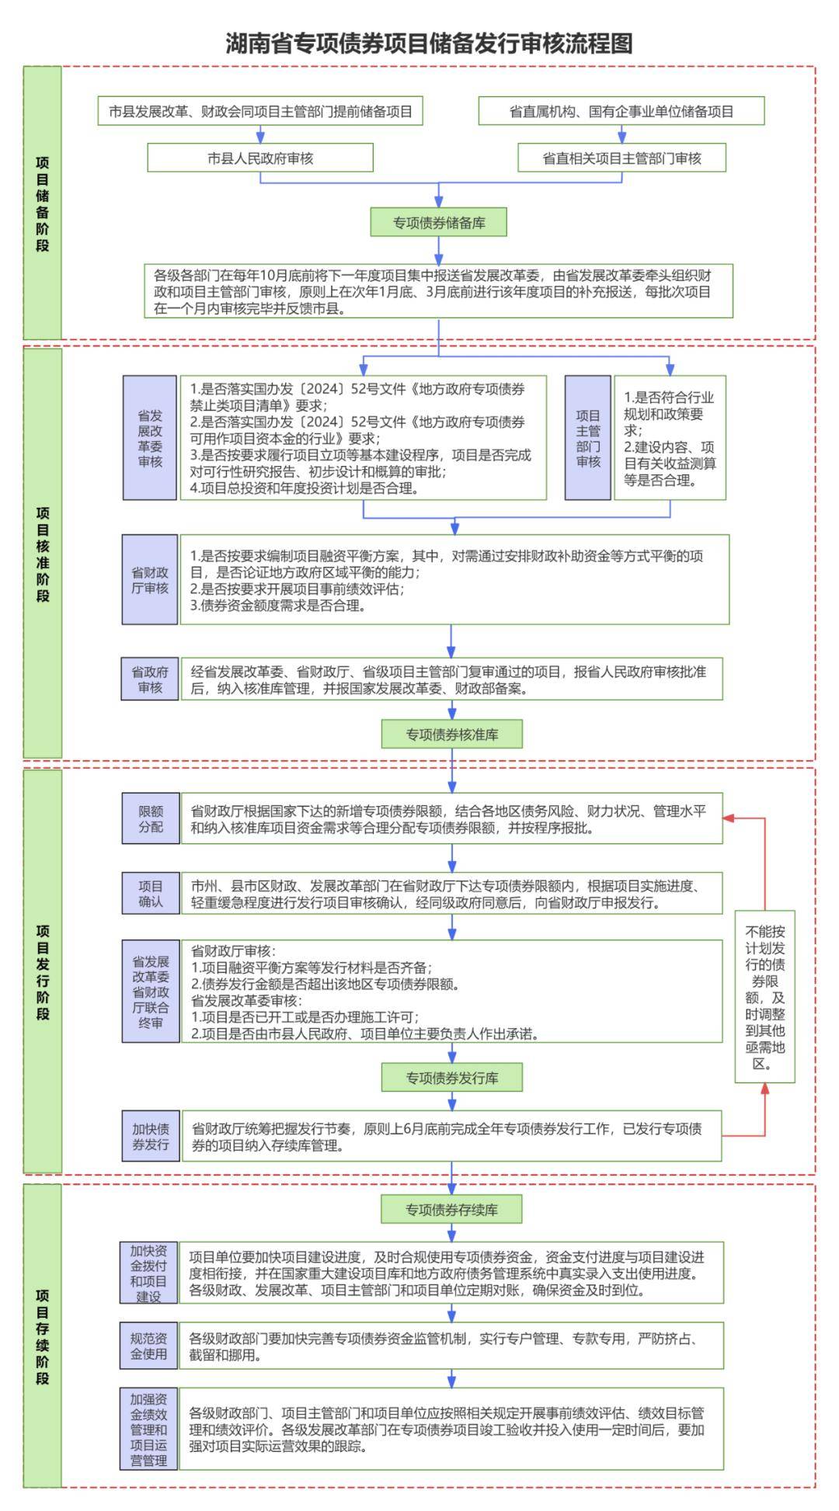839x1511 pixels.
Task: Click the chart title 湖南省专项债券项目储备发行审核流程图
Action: (429, 43)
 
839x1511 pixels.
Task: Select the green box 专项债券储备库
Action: (439, 223)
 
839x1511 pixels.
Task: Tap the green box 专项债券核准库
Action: (451, 734)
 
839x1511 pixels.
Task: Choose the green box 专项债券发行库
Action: (451, 1078)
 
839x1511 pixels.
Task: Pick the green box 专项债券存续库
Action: (451, 1209)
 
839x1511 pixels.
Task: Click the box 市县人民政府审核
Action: (260, 158)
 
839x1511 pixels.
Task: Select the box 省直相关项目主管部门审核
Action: (621, 158)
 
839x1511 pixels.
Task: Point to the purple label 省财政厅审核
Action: (150, 579)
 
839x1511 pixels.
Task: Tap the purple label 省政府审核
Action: (150, 679)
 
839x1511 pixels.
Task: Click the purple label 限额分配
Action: (151, 818)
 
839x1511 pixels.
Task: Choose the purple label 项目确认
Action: (151, 894)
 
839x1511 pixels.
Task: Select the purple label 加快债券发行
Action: (151, 1137)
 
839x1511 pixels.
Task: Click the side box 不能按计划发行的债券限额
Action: (765, 996)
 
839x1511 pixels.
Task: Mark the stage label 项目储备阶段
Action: (42, 203)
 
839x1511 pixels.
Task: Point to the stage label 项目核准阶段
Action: (42, 554)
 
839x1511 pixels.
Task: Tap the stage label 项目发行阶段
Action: (42, 971)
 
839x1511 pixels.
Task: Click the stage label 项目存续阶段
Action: (42, 1336)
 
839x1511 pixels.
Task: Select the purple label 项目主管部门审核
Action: (588, 438)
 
